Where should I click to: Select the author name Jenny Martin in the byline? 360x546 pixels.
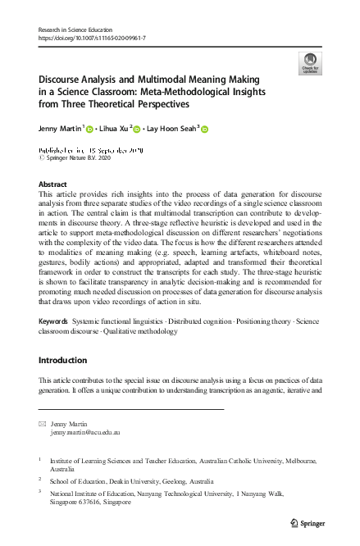(x=60, y=129)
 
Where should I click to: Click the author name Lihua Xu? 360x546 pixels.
(x=116, y=129)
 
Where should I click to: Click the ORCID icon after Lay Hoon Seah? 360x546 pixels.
(x=205, y=130)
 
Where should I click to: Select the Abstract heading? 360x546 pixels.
(x=53, y=185)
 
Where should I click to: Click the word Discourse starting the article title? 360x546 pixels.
(x=65, y=80)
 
